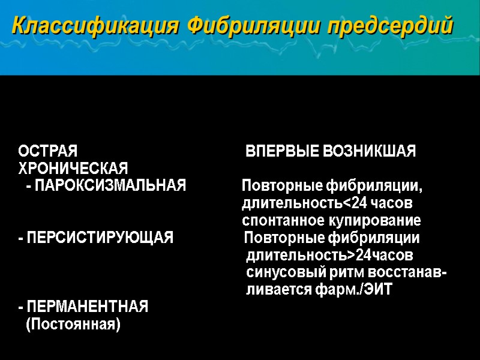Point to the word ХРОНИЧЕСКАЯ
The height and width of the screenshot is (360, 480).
click(x=73, y=167)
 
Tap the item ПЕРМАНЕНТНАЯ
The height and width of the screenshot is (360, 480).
click(x=86, y=308)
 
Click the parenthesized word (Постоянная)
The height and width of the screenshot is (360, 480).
click(x=73, y=325)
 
